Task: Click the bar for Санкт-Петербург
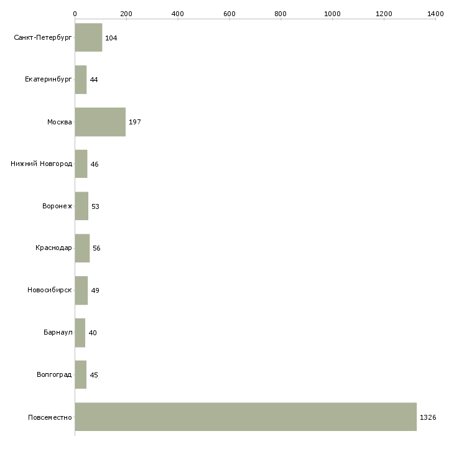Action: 88,37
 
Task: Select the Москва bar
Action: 100,122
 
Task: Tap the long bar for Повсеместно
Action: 246,417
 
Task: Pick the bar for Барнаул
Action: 80,333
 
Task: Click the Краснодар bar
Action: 82,248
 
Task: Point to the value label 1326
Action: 428,417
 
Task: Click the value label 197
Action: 135,122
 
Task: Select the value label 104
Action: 111,38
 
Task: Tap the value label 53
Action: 95,206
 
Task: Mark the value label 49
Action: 95,290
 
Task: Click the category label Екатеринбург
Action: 48,80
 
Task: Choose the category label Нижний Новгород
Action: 42,164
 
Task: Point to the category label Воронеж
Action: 57,206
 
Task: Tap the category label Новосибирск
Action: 50,290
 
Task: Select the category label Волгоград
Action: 54,374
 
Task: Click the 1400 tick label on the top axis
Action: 435,14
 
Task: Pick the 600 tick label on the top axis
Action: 229,14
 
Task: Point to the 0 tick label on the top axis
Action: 75,14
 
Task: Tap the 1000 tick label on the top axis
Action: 332,14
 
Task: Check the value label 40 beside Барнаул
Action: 93,333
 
